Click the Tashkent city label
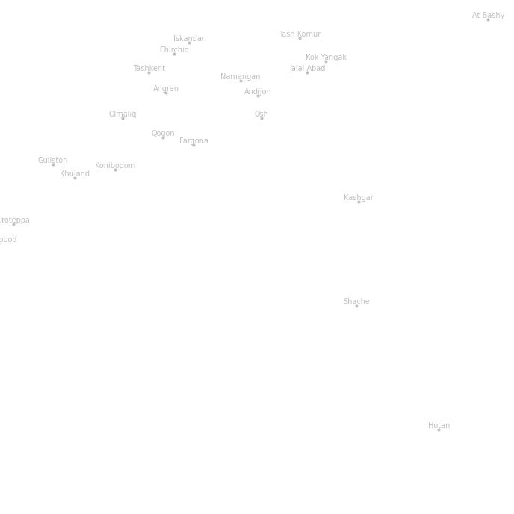149,68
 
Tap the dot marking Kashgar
359,202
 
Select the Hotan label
439,425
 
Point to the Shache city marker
356,306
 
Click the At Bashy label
488,15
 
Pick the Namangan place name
240,76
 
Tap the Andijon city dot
258,96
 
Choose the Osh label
261,114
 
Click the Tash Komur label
300,34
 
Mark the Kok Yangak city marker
326,61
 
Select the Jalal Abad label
307,68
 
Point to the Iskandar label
188,38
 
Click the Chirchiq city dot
175,54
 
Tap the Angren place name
165,88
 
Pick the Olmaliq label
122,114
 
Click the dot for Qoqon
163,137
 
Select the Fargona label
193,140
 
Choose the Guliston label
52,160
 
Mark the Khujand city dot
75,178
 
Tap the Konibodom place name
115,165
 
